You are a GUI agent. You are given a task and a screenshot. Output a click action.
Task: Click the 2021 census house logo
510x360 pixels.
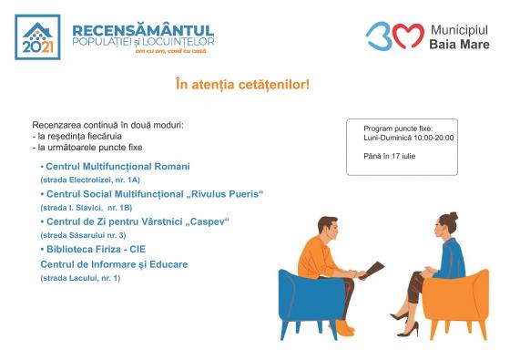coord(37,37)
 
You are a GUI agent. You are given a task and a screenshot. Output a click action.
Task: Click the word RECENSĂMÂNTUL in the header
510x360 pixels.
coord(143,31)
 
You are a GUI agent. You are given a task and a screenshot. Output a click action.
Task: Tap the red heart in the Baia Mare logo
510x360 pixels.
coord(409,36)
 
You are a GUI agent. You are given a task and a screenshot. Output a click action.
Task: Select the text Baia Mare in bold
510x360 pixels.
coord(459,45)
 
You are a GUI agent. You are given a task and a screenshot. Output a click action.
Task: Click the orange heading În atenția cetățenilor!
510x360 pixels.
coord(242,85)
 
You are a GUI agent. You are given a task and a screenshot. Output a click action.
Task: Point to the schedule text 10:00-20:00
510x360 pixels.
coord(433,138)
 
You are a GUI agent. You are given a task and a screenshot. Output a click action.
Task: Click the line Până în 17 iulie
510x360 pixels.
coord(390,156)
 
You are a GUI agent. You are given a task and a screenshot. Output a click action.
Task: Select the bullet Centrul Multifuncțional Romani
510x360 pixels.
coord(115,167)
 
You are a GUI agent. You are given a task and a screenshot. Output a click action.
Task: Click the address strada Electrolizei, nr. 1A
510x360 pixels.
coord(90,180)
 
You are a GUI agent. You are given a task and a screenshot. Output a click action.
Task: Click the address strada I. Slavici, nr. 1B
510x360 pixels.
coord(87,208)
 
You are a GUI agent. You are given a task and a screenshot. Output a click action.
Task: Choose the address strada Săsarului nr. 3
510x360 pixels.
coord(83,235)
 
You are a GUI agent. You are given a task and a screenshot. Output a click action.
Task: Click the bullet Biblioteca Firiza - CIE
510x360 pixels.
coord(93,250)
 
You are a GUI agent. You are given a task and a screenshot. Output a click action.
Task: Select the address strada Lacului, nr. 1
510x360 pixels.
coord(80,278)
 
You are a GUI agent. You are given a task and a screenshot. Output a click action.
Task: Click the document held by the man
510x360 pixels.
coord(373,270)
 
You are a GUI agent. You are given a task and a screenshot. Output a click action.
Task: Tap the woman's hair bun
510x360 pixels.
coord(454,216)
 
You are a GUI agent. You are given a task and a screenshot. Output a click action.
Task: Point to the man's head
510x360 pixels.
coord(328,229)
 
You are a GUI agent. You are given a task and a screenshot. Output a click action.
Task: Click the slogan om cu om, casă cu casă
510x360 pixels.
coord(171,51)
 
